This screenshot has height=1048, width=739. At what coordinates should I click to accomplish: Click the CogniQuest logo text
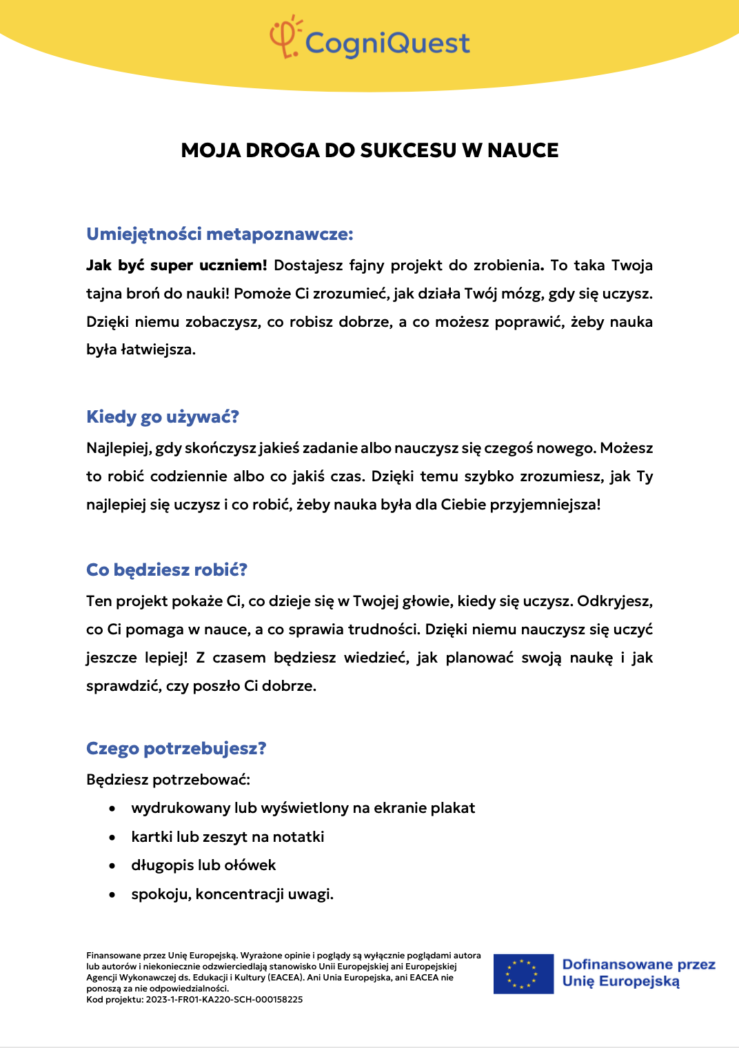coord(387,43)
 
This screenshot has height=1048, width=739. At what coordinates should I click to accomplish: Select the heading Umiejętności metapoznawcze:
coord(219,234)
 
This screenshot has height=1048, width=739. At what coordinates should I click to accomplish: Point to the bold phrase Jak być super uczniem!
coord(176,265)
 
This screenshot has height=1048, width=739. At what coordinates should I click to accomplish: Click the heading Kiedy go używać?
coord(163,417)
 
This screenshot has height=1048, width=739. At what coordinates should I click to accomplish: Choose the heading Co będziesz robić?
coord(167,570)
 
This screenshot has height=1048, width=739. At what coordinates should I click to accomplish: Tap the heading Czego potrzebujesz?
coord(176,749)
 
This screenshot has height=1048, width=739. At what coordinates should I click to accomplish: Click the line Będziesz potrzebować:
coord(168,780)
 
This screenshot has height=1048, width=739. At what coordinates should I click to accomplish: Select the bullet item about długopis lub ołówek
coord(203,865)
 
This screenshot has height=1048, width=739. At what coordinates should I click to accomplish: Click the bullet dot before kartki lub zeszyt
coord(112,837)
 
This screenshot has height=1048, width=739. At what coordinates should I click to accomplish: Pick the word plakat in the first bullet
coord(453,808)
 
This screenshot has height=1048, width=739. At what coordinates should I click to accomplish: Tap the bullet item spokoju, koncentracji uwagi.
coord(232,894)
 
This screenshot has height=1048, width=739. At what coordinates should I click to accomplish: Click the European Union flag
coord(523,974)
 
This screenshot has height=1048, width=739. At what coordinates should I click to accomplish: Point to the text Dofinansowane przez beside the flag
coord(638,965)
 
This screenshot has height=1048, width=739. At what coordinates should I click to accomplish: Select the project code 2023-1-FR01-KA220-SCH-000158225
coord(224,1000)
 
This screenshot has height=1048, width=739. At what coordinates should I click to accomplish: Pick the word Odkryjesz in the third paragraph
coord(614,601)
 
